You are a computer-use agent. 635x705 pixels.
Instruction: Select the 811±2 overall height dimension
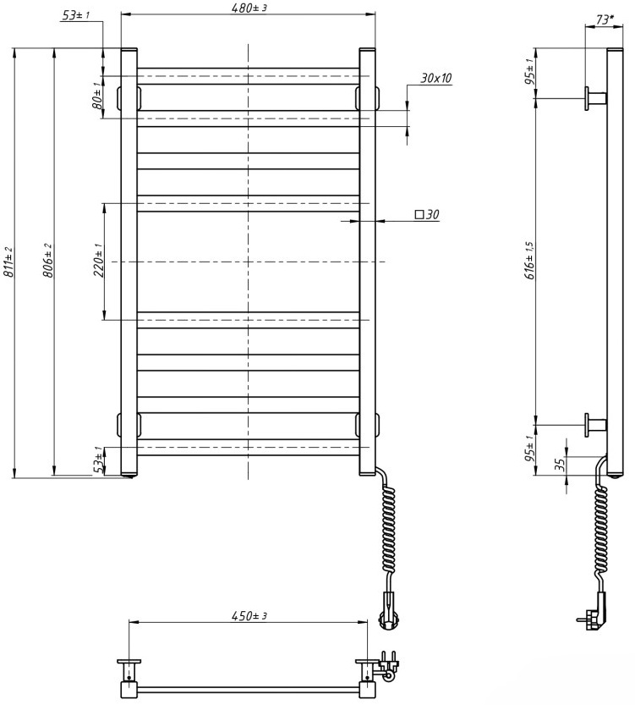pos(8,262)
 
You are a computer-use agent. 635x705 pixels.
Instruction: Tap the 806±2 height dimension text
pos(48,262)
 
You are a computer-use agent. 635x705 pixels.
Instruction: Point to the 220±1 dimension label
pos(97,262)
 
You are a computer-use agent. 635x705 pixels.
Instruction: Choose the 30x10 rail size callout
pos(435,78)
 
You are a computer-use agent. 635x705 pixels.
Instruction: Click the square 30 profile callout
pos(427,215)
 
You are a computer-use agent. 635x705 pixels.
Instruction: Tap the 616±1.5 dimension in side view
pos(529,262)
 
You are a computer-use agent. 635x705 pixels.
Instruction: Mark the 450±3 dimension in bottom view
pos(249,615)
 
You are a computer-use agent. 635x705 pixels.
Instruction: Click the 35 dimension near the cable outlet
pos(559,465)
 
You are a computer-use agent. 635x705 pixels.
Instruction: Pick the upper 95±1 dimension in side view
pos(529,74)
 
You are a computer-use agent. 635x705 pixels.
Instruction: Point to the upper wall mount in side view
pos(593,98)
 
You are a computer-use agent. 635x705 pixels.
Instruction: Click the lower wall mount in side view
pos(593,425)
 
